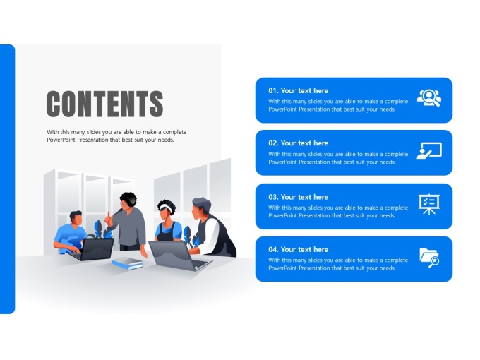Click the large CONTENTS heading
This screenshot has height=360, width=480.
click(x=104, y=104)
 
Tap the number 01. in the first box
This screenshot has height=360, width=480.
click(x=273, y=90)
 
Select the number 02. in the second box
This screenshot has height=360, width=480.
click(x=273, y=143)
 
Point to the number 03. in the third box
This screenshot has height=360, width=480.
click(x=273, y=197)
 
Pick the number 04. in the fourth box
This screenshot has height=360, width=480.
click(x=273, y=249)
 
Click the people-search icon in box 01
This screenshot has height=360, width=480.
click(x=429, y=97)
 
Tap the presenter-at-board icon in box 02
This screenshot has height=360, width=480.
click(x=429, y=150)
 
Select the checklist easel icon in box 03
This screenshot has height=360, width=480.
click(x=429, y=204)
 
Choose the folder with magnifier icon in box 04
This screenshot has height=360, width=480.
click(x=429, y=258)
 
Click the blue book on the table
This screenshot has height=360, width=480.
click(x=127, y=263)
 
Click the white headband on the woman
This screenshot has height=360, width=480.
click(x=166, y=208)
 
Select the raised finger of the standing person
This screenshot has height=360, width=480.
click(x=109, y=214)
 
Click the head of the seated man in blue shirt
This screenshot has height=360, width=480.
click(x=76, y=217)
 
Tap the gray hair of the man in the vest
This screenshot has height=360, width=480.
click(x=201, y=204)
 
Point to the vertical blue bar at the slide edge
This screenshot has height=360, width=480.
click(x=7, y=179)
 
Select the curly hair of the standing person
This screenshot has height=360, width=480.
click(x=128, y=198)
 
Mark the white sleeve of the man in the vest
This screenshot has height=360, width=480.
click(x=209, y=237)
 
